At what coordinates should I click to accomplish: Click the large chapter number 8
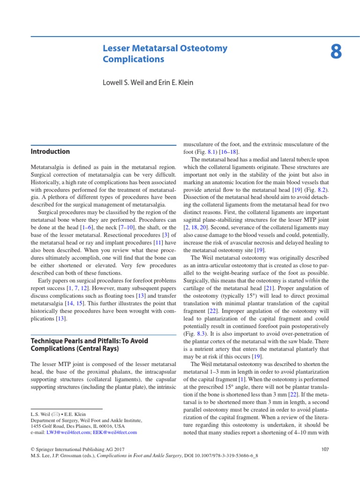(336, 52)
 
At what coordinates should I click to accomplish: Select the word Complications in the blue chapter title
(134, 60)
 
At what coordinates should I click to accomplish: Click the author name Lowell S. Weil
(124, 82)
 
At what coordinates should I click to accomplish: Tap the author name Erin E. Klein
(174, 82)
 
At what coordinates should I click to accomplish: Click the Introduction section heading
(50, 151)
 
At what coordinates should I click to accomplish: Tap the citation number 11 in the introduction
(158, 242)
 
